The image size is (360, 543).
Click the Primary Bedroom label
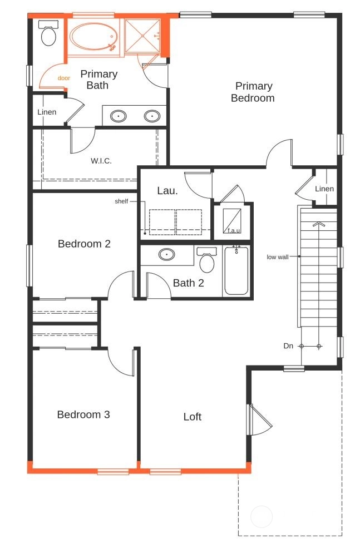click(x=253, y=92)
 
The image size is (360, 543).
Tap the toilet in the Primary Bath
click(x=48, y=33)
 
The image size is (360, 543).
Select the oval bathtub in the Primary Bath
click(x=93, y=36)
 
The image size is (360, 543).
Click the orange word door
click(x=64, y=78)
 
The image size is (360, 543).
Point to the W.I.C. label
click(x=101, y=161)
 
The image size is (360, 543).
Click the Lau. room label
click(x=167, y=190)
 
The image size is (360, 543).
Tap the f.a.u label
click(x=234, y=230)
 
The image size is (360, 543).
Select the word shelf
click(x=121, y=201)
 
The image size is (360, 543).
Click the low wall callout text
click(x=278, y=257)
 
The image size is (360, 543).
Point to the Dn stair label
click(x=288, y=346)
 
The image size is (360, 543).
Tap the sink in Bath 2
click(x=167, y=255)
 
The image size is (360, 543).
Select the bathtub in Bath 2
click(x=236, y=270)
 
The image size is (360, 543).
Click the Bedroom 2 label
click(x=84, y=244)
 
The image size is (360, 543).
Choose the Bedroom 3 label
click(x=83, y=414)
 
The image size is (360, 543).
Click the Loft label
click(x=193, y=417)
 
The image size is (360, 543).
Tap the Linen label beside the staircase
click(x=324, y=189)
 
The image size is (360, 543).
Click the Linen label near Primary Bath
click(x=47, y=112)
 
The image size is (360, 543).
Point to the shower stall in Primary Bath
click(x=142, y=36)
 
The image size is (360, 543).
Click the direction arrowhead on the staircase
click(x=318, y=224)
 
